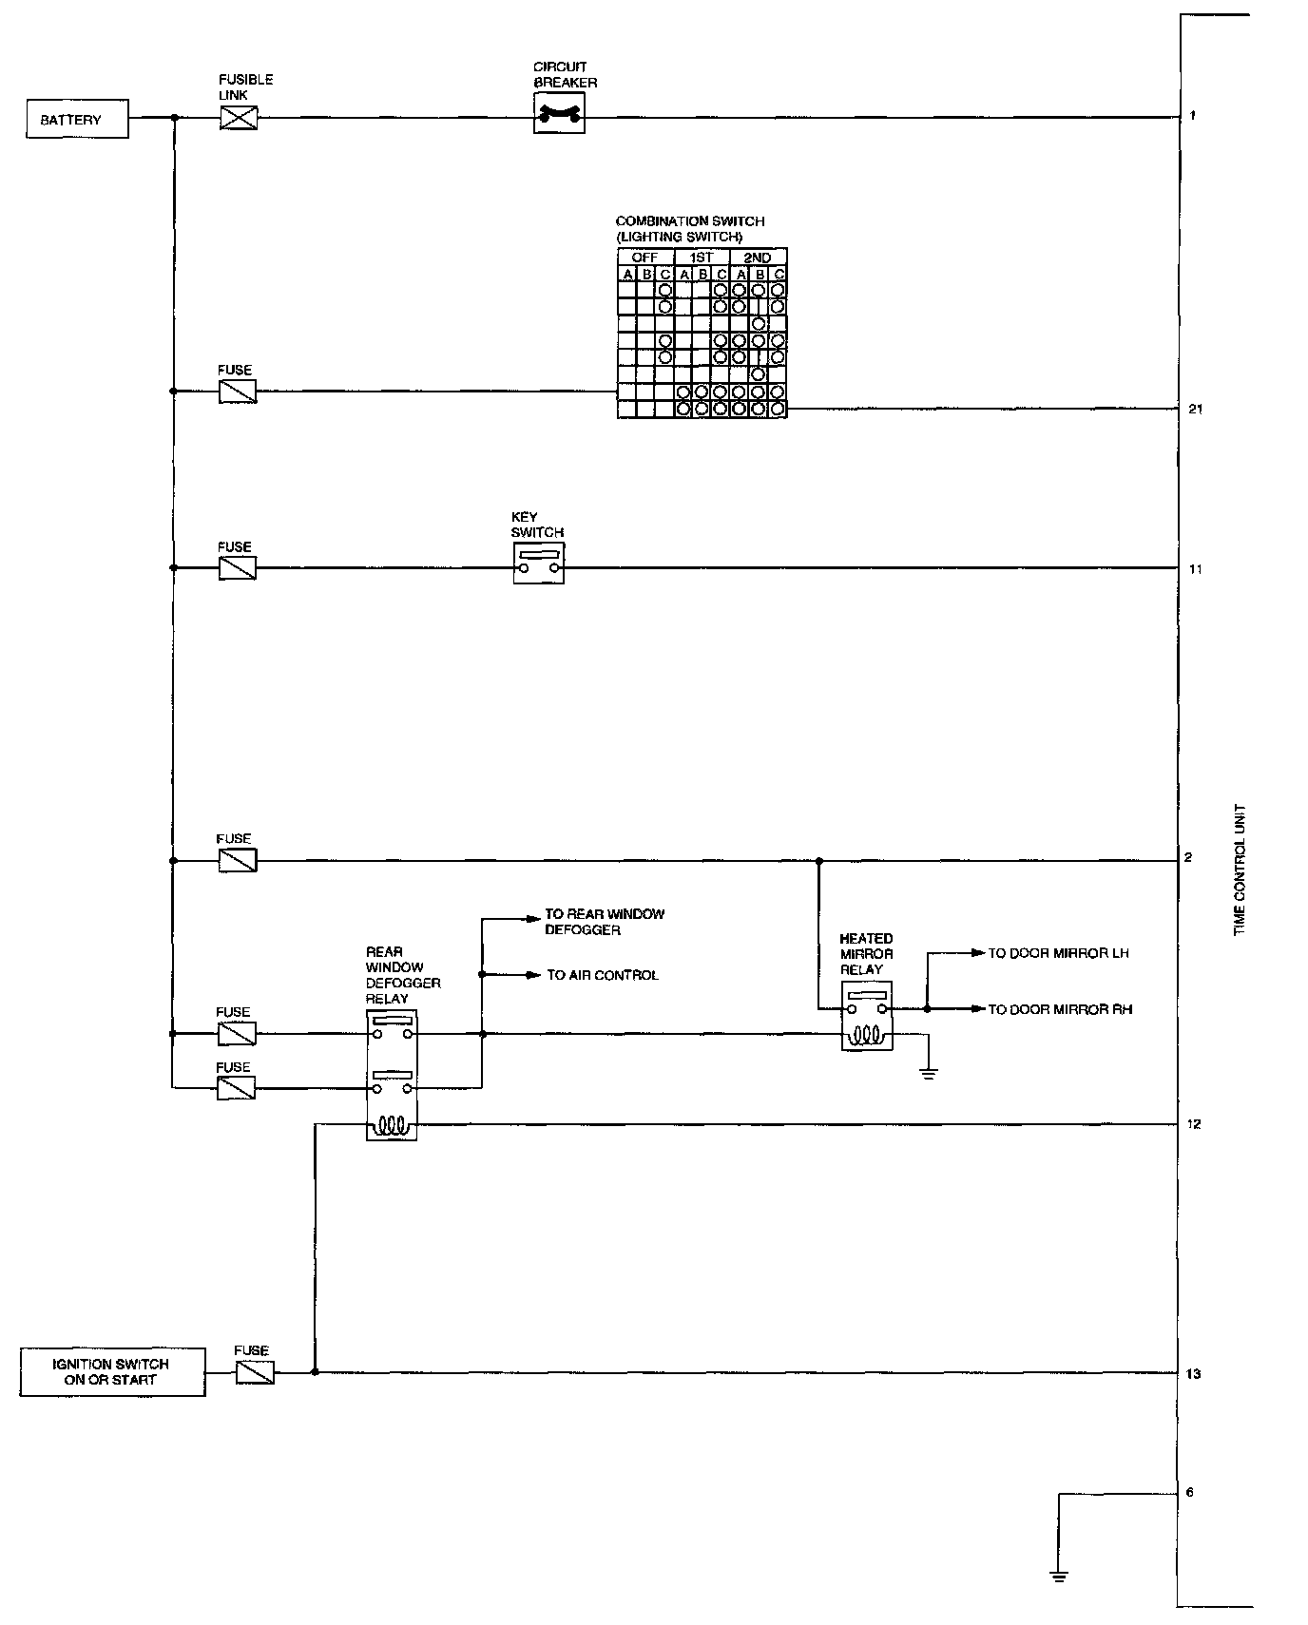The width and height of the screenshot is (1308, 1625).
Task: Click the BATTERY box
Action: (x=77, y=120)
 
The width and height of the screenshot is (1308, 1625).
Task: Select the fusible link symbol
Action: (x=238, y=118)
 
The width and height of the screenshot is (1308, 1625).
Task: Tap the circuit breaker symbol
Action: (x=559, y=117)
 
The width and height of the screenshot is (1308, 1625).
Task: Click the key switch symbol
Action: (x=538, y=564)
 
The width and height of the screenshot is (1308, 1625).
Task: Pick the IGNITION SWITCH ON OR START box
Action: (x=112, y=1371)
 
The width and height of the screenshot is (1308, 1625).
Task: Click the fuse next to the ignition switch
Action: (x=255, y=1371)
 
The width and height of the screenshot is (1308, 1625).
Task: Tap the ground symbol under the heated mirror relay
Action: (x=929, y=1074)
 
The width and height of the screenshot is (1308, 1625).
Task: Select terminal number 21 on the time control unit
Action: (x=1195, y=410)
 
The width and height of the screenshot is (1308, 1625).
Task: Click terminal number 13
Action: (x=1193, y=1374)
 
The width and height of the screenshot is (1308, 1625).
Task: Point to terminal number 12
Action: (x=1193, y=1125)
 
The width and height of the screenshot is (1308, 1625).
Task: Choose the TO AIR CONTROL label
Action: (x=602, y=975)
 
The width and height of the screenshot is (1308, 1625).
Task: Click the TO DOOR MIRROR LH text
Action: (x=1058, y=953)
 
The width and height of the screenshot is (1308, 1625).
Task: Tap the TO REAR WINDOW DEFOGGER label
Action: (x=604, y=922)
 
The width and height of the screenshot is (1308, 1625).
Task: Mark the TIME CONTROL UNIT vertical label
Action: (x=1240, y=870)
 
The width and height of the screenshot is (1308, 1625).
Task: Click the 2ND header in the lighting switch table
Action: (x=758, y=258)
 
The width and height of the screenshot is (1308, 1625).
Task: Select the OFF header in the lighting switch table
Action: (x=644, y=258)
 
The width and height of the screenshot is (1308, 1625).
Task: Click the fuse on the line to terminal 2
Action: (x=237, y=860)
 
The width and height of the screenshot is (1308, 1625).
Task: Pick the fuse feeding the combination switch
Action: (x=237, y=392)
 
